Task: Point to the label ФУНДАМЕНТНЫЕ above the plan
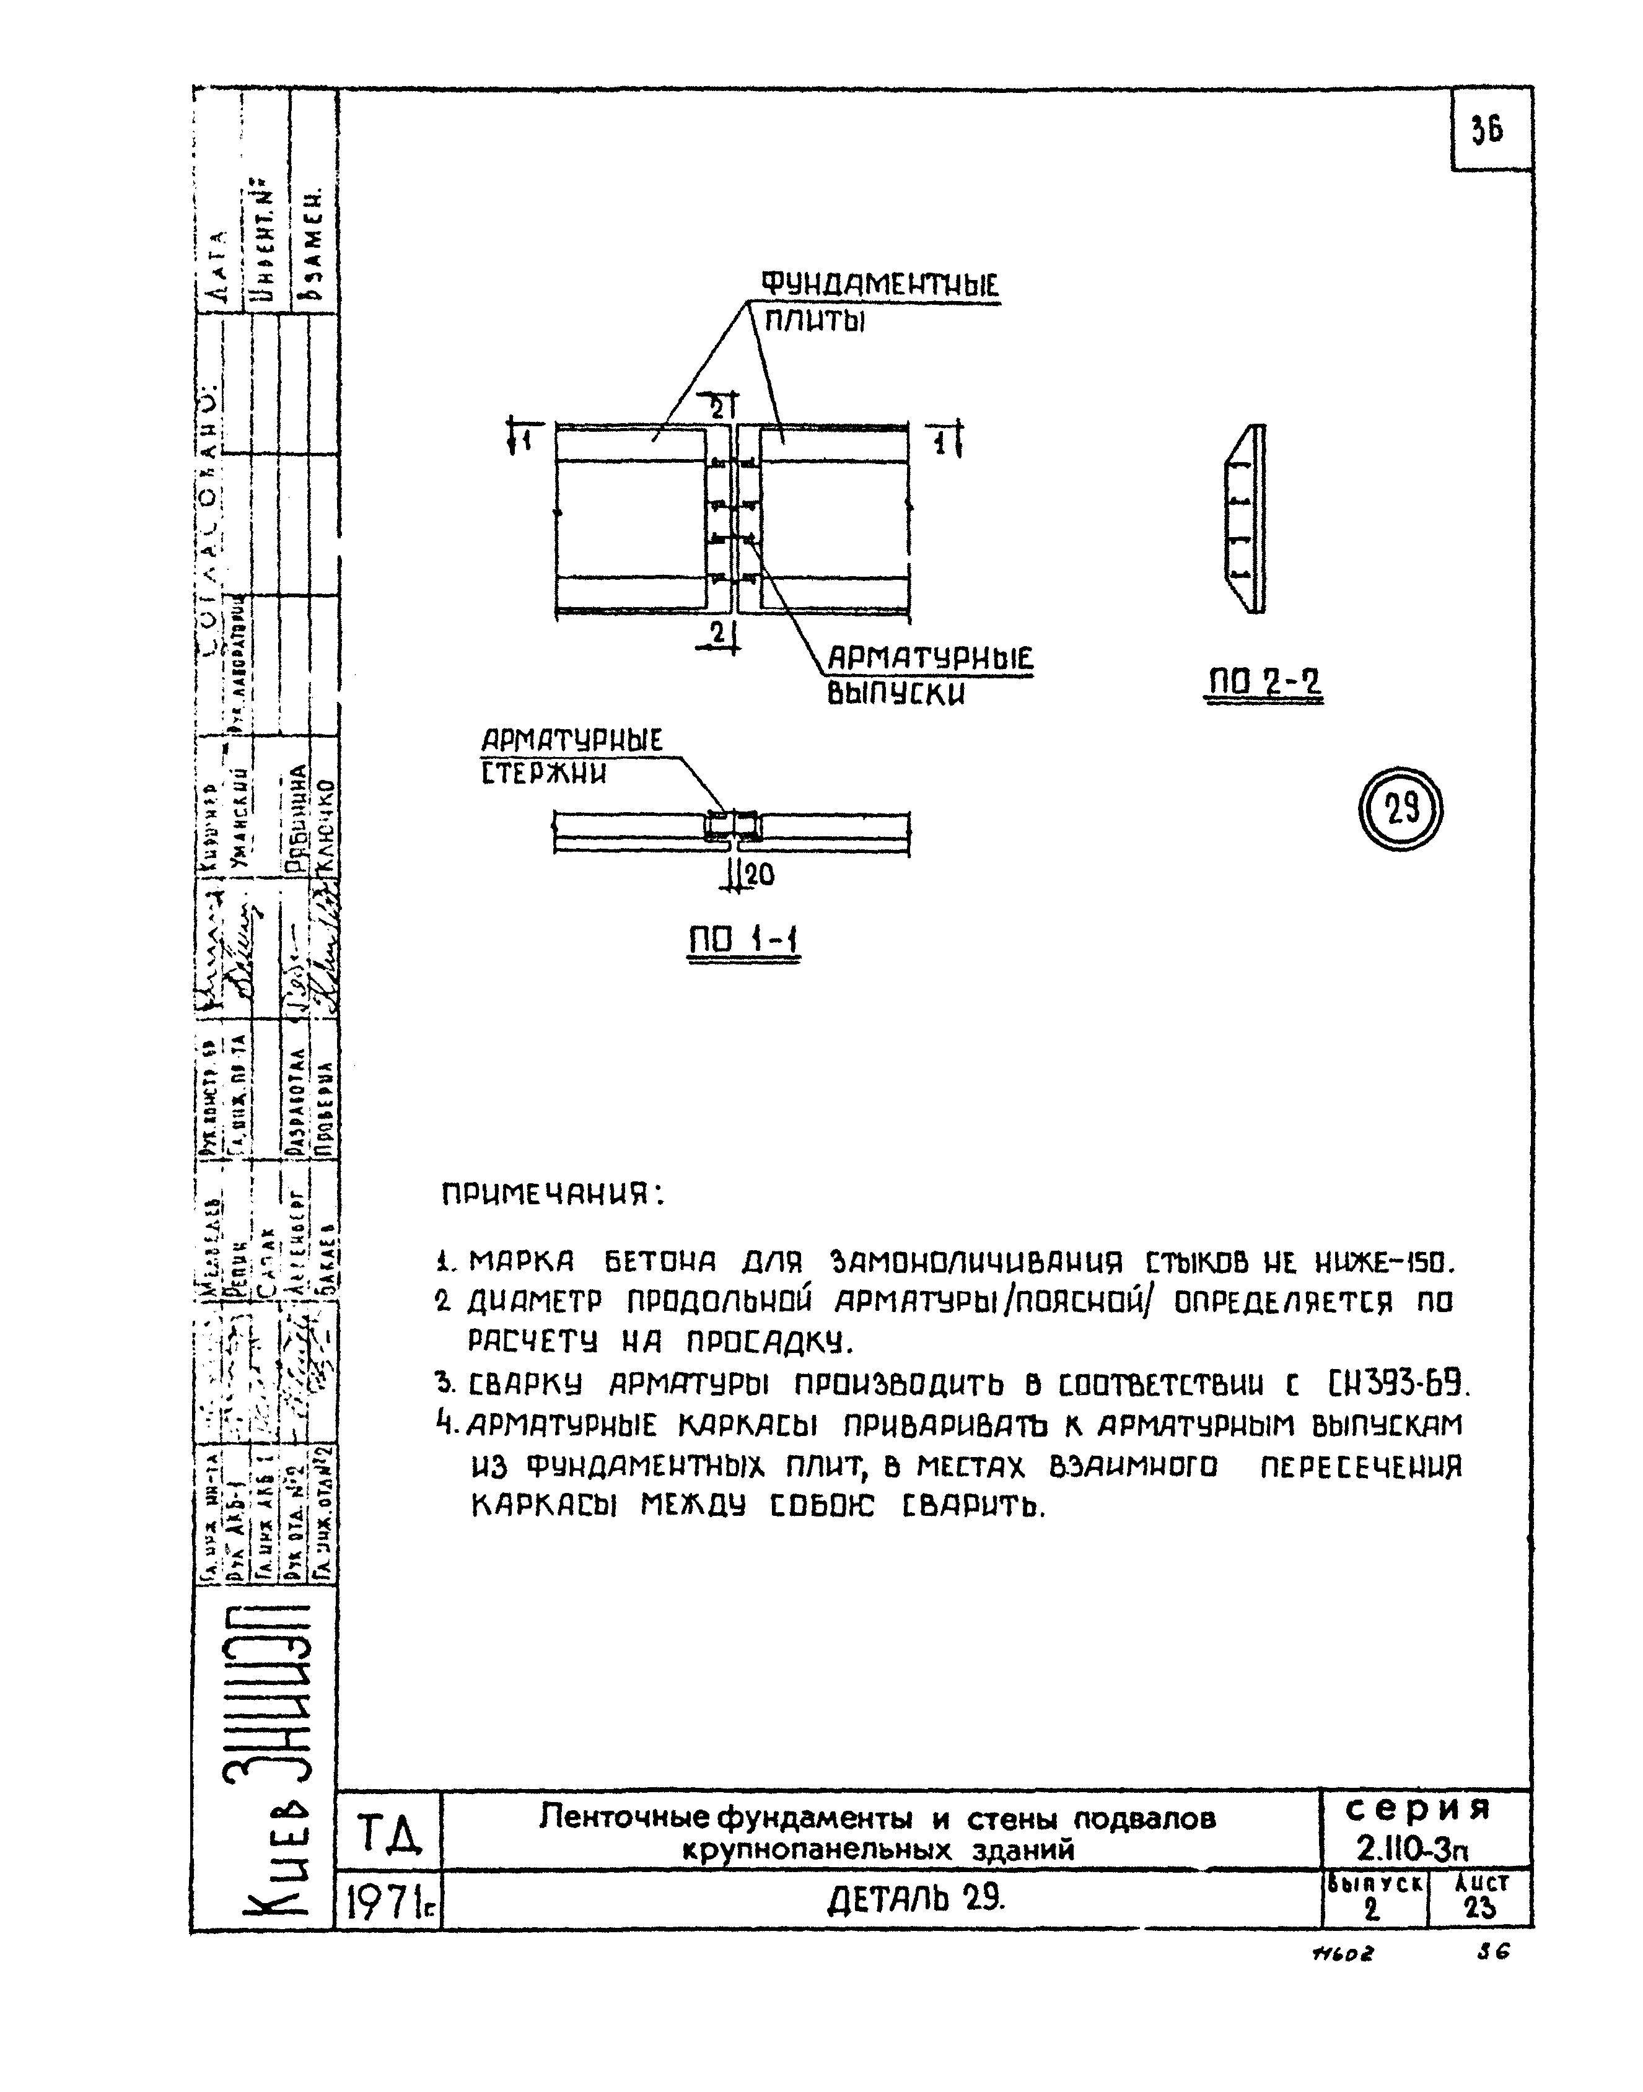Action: [880, 286]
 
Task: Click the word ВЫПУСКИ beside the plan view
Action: [896, 693]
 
